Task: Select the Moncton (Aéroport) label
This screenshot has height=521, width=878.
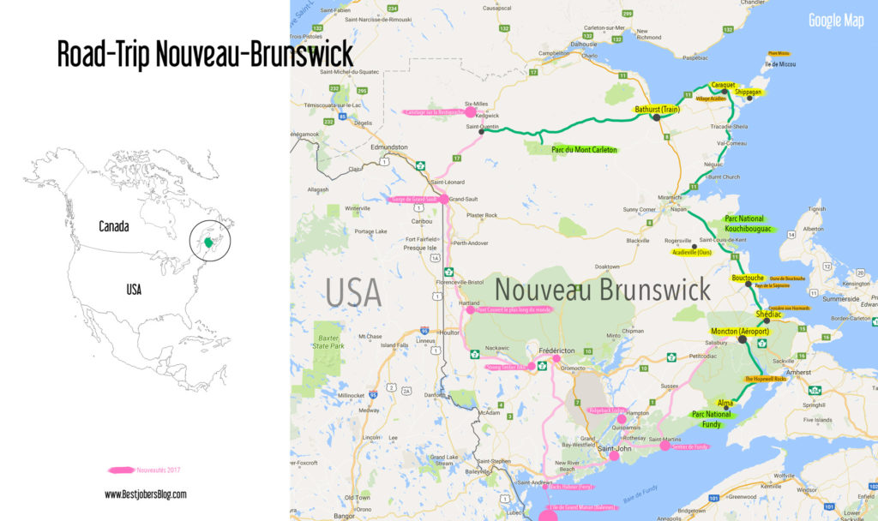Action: pyautogui.click(x=739, y=331)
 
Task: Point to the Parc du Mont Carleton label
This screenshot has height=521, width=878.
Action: pyautogui.click(x=583, y=150)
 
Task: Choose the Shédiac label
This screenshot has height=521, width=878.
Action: pyautogui.click(x=769, y=314)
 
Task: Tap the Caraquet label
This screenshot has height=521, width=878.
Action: pyautogui.click(x=723, y=86)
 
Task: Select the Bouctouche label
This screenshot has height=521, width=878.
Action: pyautogui.click(x=748, y=278)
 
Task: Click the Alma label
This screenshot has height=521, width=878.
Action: pyautogui.click(x=725, y=402)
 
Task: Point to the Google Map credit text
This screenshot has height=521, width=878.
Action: pyautogui.click(x=836, y=21)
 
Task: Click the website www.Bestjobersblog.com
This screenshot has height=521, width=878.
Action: pyautogui.click(x=145, y=494)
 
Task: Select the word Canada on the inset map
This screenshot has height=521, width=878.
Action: pyautogui.click(x=113, y=227)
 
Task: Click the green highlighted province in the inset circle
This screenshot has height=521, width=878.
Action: pyautogui.click(x=208, y=243)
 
